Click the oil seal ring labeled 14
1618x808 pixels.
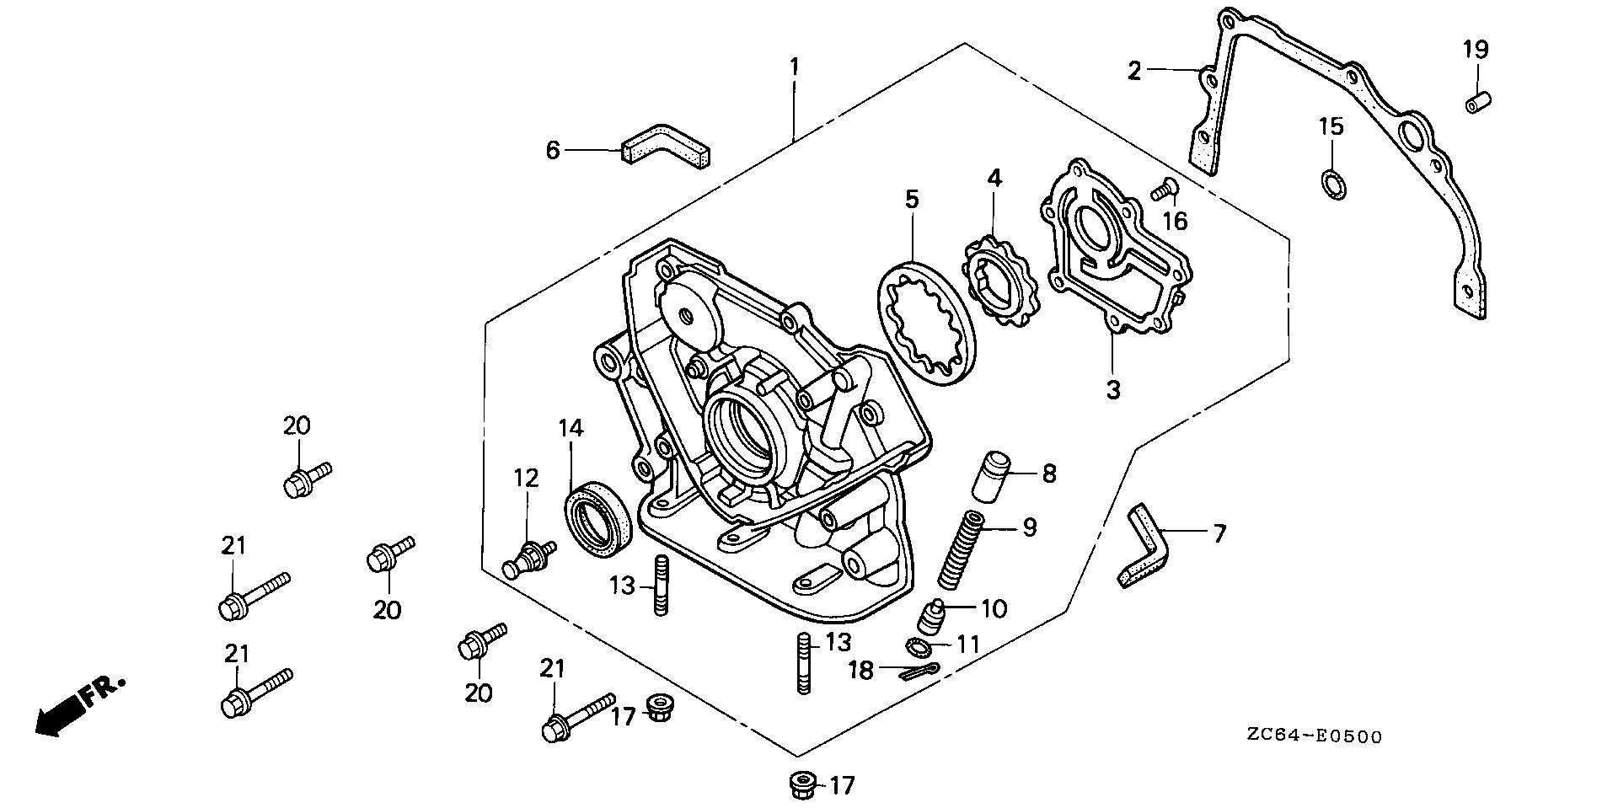[597, 518]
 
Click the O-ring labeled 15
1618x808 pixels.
[1332, 184]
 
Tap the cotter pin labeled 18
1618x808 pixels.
[921, 673]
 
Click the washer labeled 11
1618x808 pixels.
[919, 646]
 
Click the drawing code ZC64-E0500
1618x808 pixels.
[1315, 737]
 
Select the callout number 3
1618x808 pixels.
[1113, 390]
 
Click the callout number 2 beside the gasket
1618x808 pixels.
[1134, 72]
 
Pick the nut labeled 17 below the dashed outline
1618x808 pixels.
[799, 785]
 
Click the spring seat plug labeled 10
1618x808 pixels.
[932, 620]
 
